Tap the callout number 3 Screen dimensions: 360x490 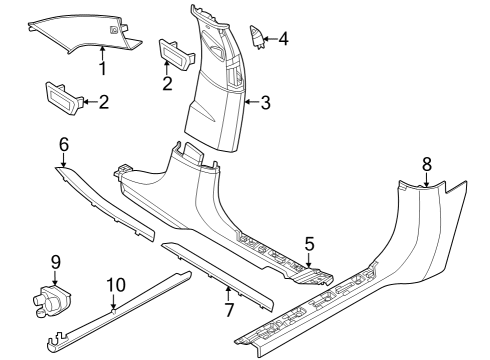265,102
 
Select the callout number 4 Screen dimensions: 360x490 284,39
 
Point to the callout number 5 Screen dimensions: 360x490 309,242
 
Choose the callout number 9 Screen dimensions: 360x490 55,262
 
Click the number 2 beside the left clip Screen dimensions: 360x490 104,101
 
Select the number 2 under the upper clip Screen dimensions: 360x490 168,83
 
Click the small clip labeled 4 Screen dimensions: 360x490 258,37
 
